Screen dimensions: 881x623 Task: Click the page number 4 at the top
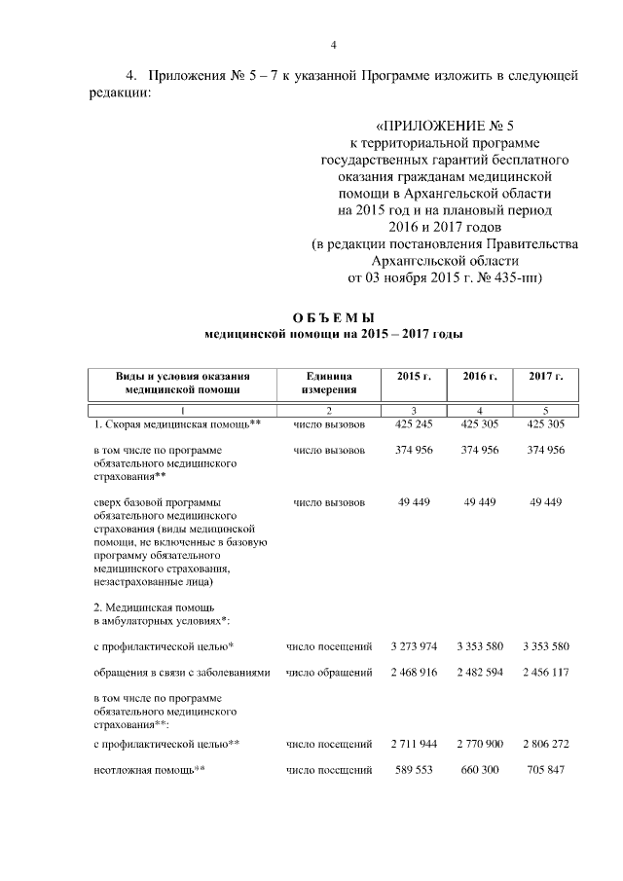pyautogui.click(x=333, y=46)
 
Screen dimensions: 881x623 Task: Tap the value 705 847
pyautogui.click(x=546, y=770)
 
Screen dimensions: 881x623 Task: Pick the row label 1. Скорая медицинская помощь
pyautogui.click(x=171, y=424)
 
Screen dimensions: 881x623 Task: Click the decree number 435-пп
pyautogui.click(x=518, y=277)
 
